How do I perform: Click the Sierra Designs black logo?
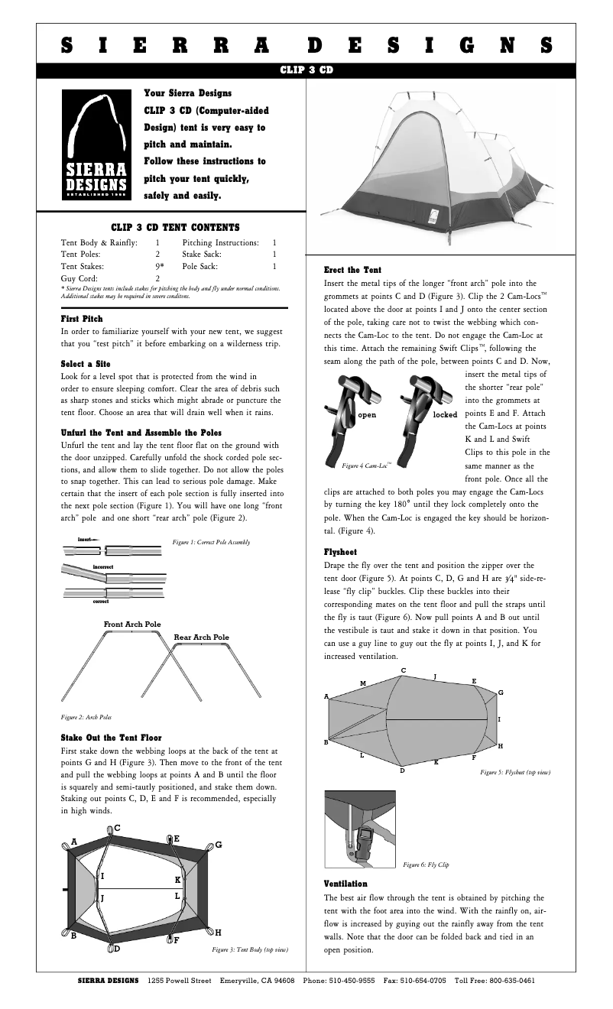click(95, 144)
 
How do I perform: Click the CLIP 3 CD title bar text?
click(306, 70)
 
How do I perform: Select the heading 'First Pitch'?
click(82, 318)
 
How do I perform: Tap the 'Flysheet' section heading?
click(341, 551)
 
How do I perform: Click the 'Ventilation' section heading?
click(345, 884)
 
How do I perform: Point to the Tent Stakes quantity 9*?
click(159, 267)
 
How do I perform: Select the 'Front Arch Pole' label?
click(132, 625)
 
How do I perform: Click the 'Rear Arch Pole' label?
click(201, 637)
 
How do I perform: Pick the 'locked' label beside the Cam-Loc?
click(445, 414)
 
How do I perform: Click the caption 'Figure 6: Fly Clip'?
click(426, 865)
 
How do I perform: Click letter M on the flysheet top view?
click(363, 683)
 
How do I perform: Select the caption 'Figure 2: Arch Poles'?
click(86, 718)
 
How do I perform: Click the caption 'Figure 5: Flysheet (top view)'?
click(515, 773)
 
